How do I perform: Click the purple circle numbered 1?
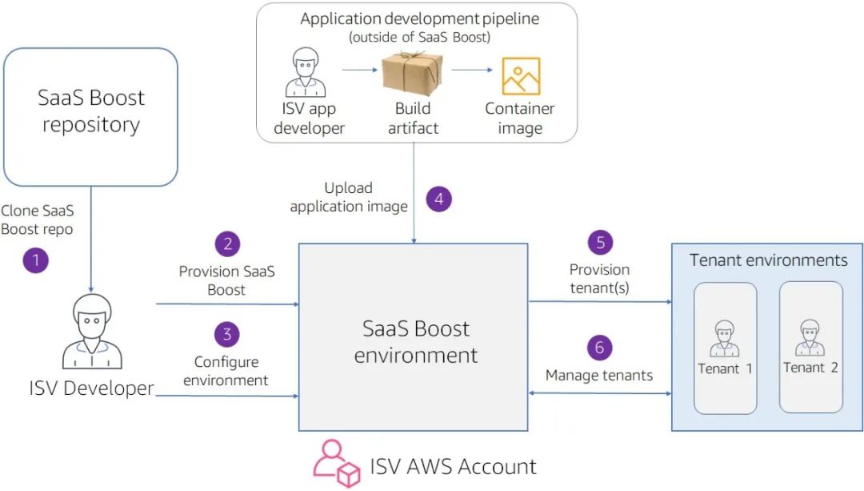[35, 260]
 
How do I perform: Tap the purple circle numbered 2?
[227, 243]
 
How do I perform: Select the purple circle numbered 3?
[227, 332]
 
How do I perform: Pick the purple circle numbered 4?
[438, 199]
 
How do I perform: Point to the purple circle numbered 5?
[600, 242]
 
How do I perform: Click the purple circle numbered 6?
[600, 347]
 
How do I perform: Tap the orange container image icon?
[521, 76]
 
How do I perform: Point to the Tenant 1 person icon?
[725, 340]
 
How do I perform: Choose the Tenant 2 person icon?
[810, 338]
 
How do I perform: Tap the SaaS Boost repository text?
[91, 111]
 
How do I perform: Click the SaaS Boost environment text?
[416, 341]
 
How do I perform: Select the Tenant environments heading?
[768, 260]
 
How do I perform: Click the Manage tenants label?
[599, 375]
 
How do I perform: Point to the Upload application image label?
[349, 197]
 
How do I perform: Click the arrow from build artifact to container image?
[471, 70]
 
